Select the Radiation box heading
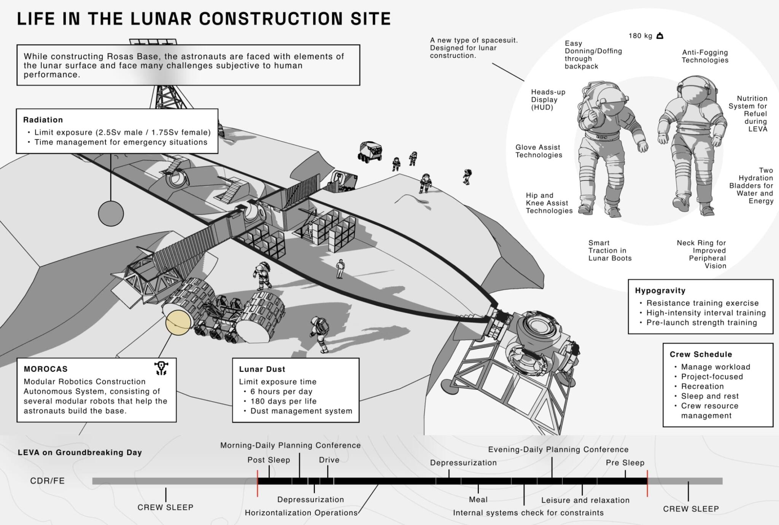(x=43, y=120)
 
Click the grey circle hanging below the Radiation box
(x=111, y=214)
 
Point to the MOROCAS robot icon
(x=161, y=368)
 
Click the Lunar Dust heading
(x=262, y=369)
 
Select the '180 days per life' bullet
(x=283, y=401)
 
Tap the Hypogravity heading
(x=660, y=290)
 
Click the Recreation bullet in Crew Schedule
(x=702, y=386)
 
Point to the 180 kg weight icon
(x=660, y=36)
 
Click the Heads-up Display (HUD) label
(x=548, y=100)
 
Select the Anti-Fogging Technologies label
(x=705, y=56)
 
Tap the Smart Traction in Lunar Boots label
(x=609, y=251)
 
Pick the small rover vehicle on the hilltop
(x=370, y=152)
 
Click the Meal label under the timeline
(x=478, y=499)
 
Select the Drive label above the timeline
(x=329, y=460)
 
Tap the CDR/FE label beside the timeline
(x=48, y=481)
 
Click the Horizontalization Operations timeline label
(x=301, y=513)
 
